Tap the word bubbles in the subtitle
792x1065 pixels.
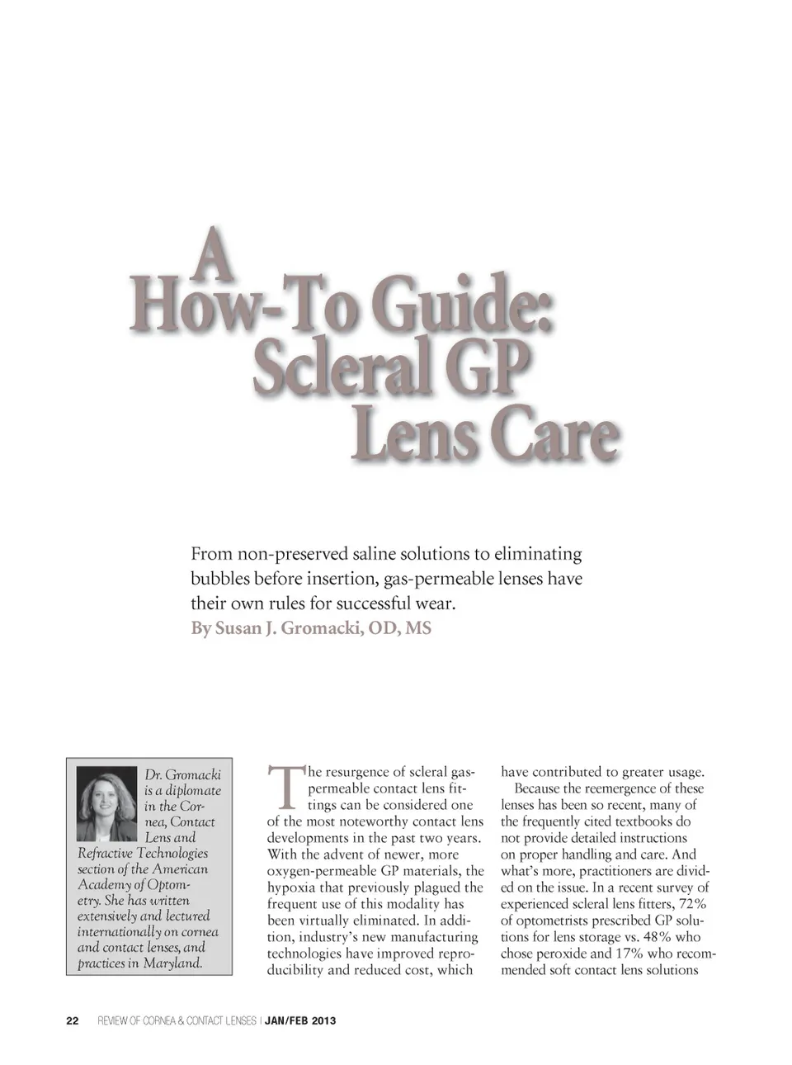click(219, 579)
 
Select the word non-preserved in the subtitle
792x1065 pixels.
click(293, 554)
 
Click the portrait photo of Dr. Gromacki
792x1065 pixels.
click(106, 804)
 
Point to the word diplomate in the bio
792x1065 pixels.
click(192, 790)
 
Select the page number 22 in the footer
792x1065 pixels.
click(73, 1020)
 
